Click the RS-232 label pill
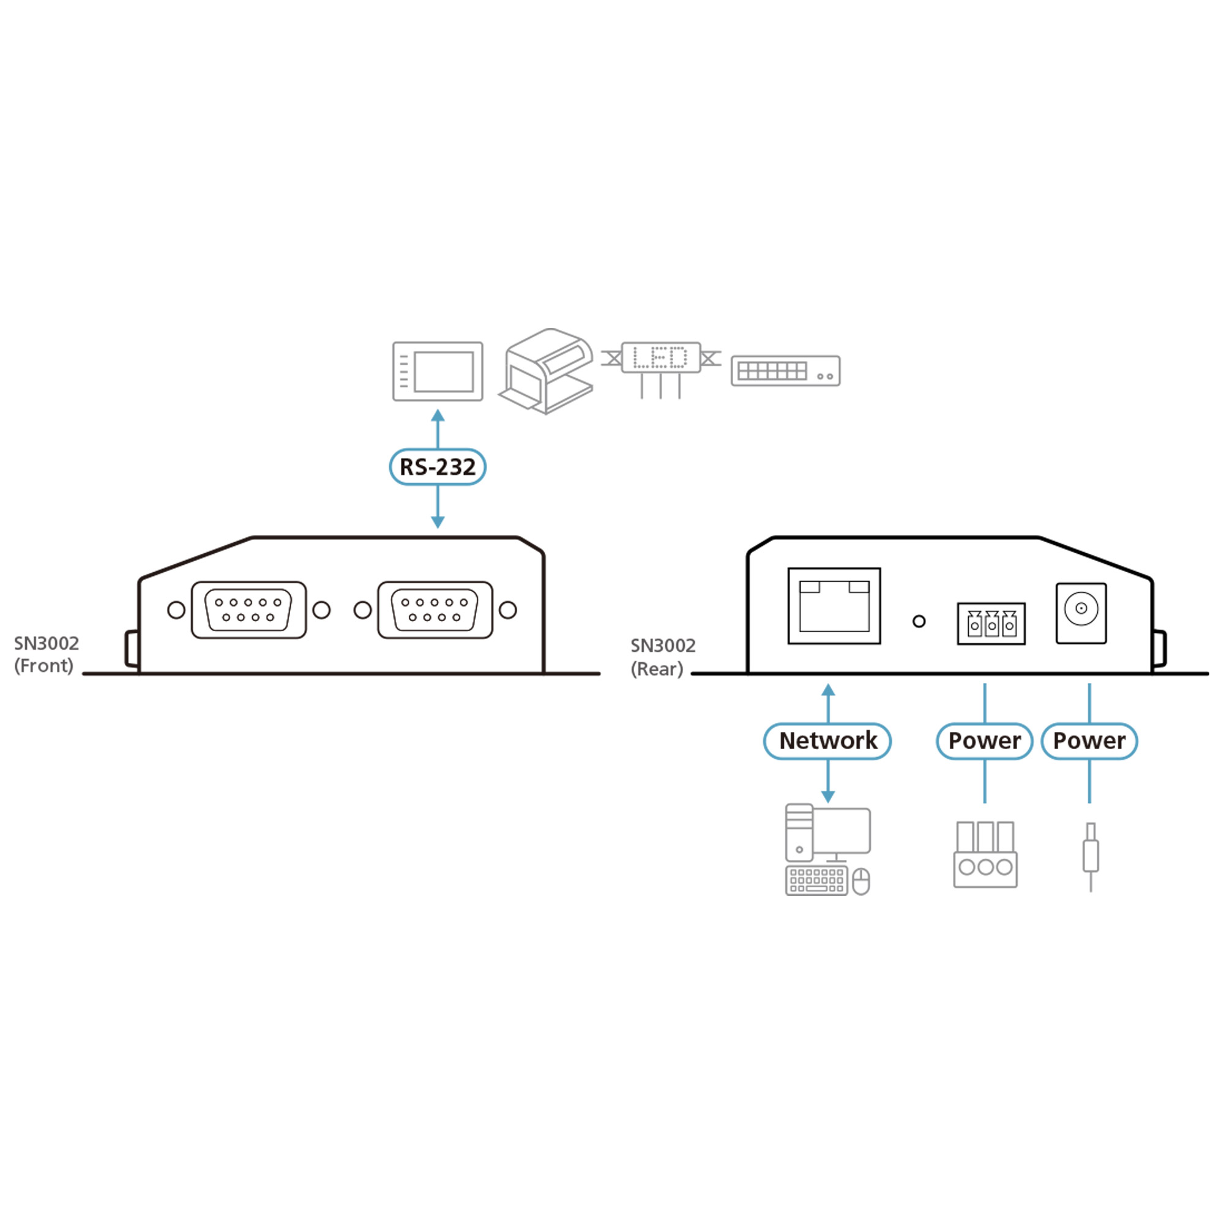tap(437, 467)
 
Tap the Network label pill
tap(827, 741)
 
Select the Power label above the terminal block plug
tap(985, 741)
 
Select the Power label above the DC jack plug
tap(1089, 741)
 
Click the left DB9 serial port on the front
tap(248, 610)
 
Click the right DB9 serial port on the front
tap(435, 610)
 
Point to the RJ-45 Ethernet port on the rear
tap(834, 606)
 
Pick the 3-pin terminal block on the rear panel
tap(991, 624)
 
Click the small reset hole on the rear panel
tap(919, 622)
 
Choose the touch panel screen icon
tap(437, 371)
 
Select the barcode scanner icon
tap(547, 371)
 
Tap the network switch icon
tap(786, 371)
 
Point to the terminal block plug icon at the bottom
tap(985, 854)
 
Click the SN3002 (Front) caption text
tap(47, 654)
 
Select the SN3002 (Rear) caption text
tap(663, 657)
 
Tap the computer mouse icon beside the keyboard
tap(861, 882)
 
